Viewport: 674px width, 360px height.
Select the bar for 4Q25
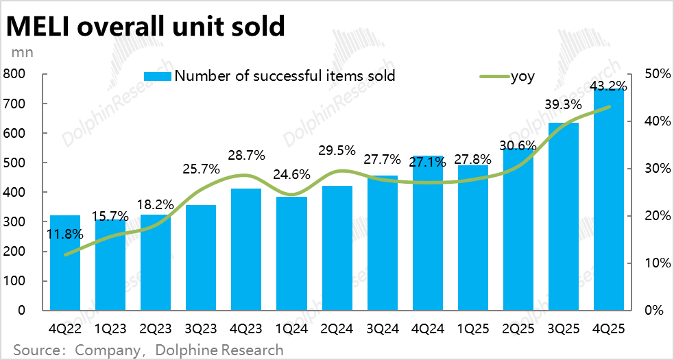pyautogui.click(x=608, y=199)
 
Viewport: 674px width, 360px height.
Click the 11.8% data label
pyautogui.click(x=65, y=234)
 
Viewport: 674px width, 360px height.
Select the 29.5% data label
pyautogui.click(x=337, y=149)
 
